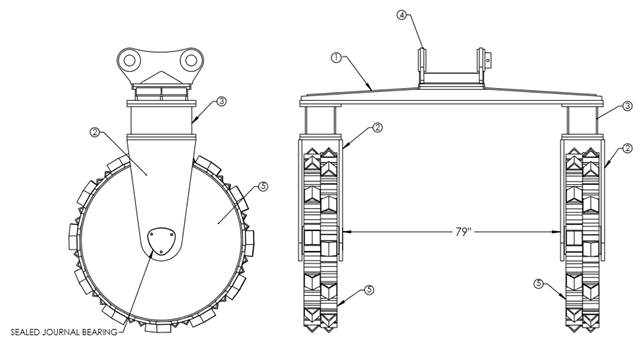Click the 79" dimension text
462,232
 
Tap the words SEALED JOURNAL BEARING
64,332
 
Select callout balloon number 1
336,58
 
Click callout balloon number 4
402,15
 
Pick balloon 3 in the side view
221,101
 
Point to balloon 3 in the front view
627,106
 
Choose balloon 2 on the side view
95,132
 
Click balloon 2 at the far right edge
627,148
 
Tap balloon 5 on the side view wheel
263,187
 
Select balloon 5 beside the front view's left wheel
369,290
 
